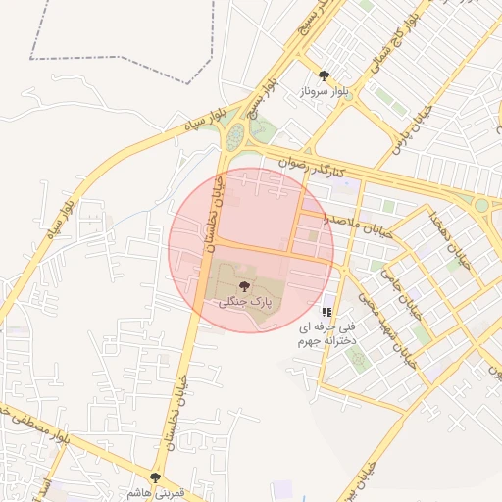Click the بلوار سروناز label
tap(324, 93)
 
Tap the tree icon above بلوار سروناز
tap(324, 75)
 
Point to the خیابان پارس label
tap(411, 132)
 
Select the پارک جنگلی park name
tap(244, 304)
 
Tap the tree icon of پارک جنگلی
tap(244, 286)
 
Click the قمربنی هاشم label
tap(155, 493)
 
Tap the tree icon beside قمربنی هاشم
tap(155, 477)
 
